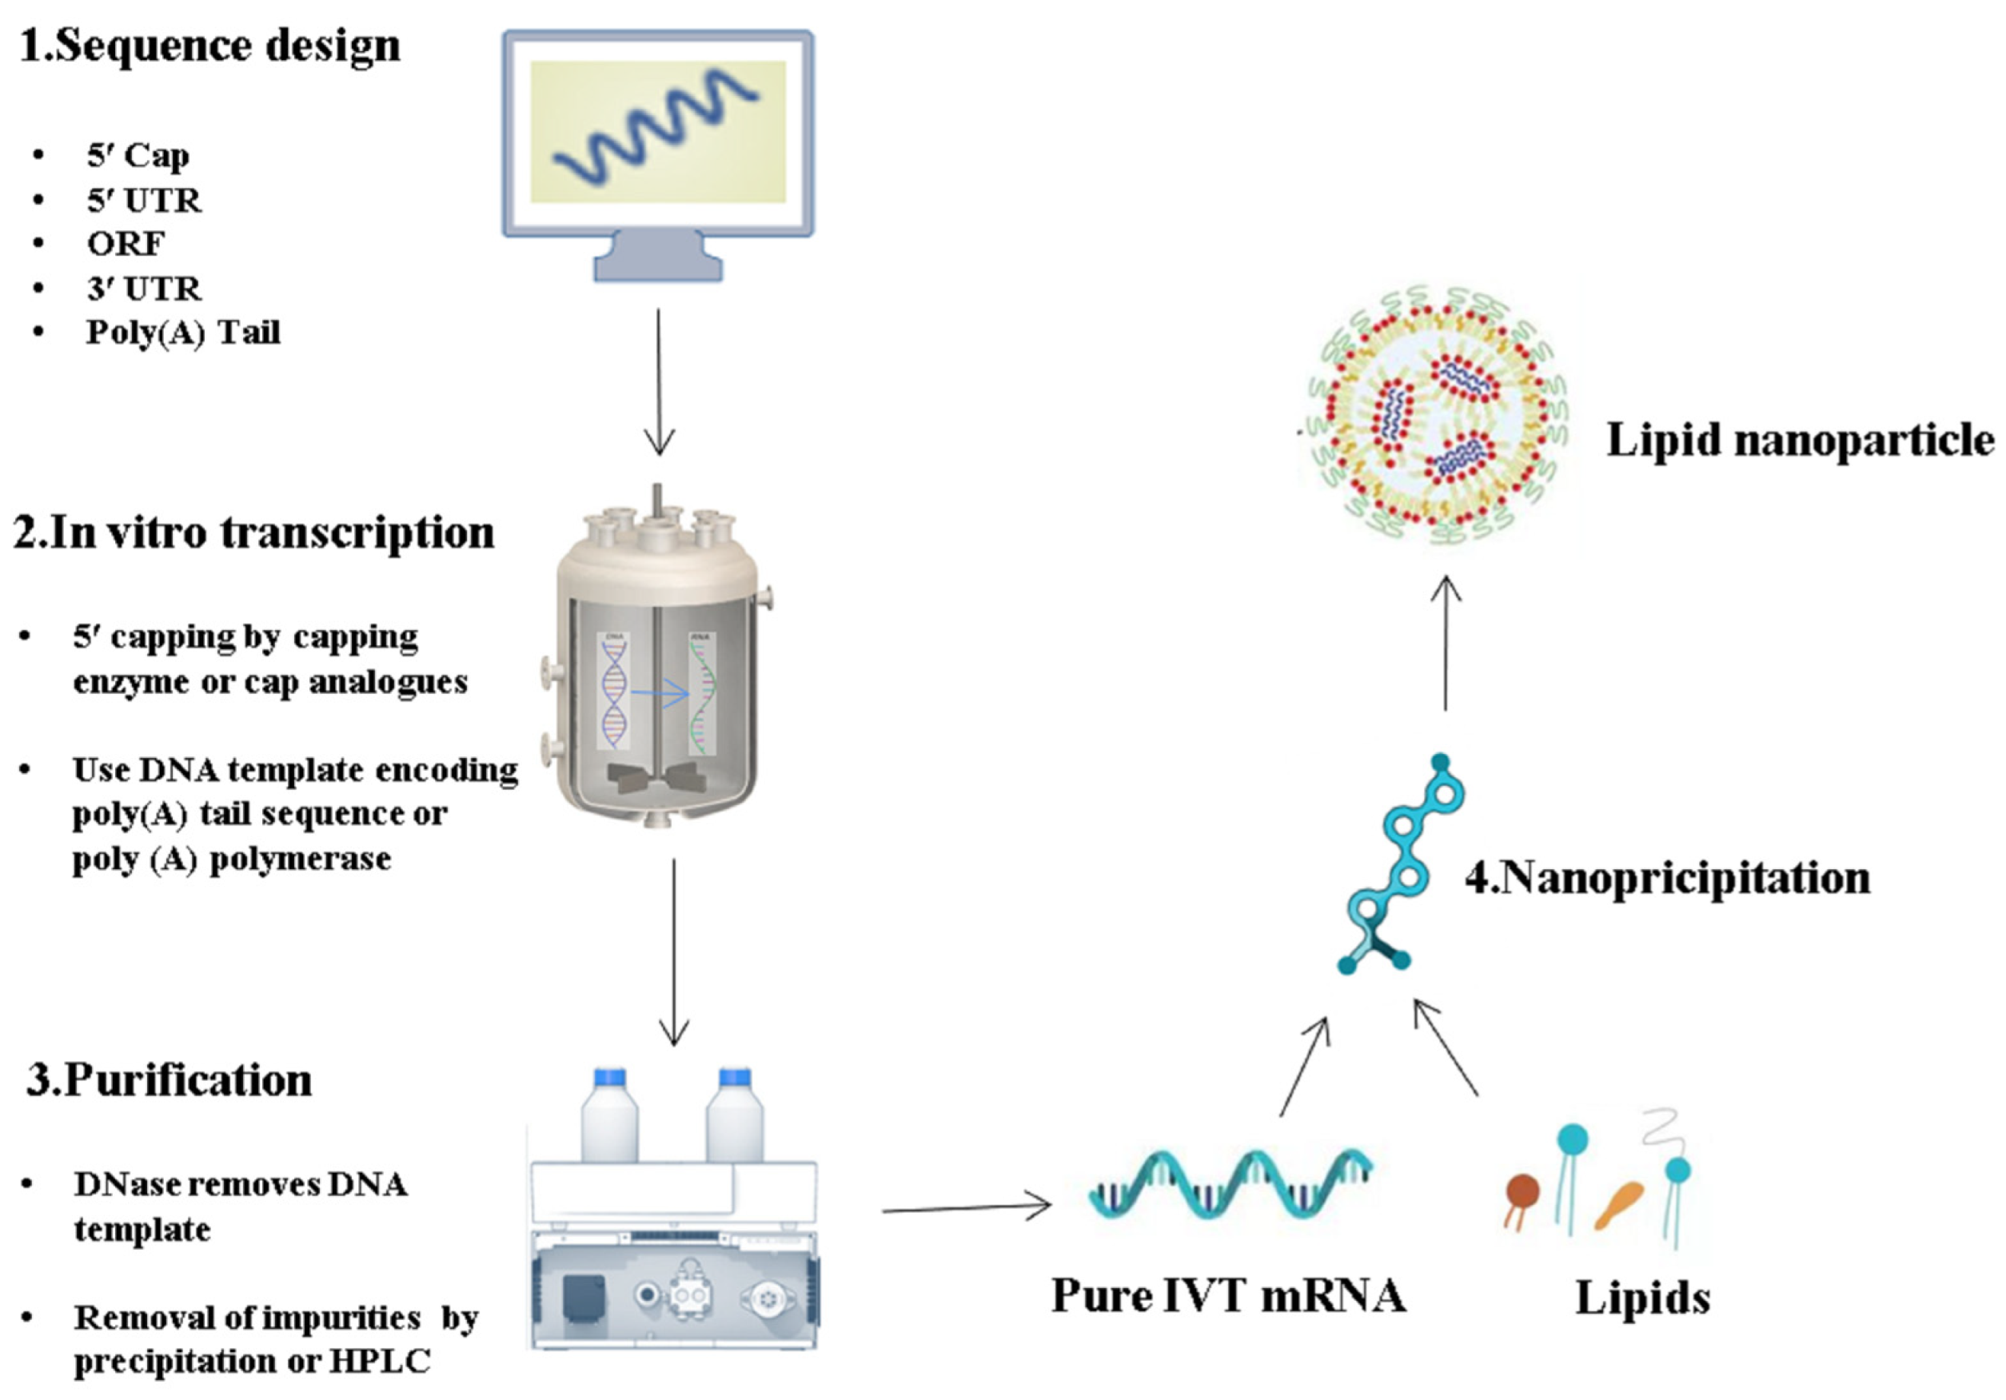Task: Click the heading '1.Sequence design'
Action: pos(209,46)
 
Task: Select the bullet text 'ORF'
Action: pos(125,244)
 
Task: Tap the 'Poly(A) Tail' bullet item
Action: pos(182,333)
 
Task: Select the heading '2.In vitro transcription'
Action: pos(253,533)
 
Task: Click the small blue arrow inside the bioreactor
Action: pos(661,695)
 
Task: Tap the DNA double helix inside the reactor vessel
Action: pos(614,690)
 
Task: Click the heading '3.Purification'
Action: pos(169,1080)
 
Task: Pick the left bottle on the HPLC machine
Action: pos(609,1116)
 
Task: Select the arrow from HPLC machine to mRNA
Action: pos(967,1209)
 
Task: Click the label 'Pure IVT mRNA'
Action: pos(1228,1295)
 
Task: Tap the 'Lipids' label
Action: pos(1642,1298)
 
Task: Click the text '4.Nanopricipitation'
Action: pos(1668,878)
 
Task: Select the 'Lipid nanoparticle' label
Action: pos(1801,441)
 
